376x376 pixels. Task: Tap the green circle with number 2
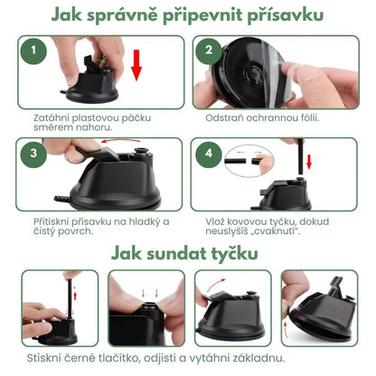click(209, 52)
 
